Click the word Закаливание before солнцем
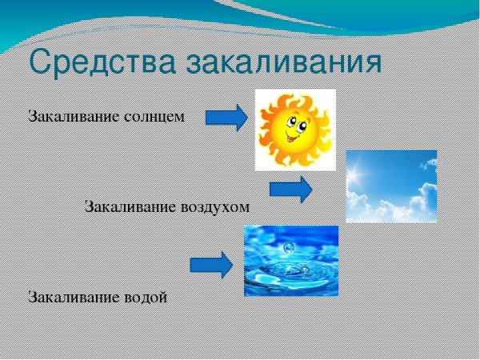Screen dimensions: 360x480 (74, 117)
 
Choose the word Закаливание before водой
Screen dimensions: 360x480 (74, 297)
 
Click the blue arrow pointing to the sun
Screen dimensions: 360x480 (227, 118)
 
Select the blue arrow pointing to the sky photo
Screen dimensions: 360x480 (290, 190)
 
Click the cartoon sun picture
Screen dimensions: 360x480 (294, 129)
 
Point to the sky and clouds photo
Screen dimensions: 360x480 (391, 186)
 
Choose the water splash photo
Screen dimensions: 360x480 (290, 261)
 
